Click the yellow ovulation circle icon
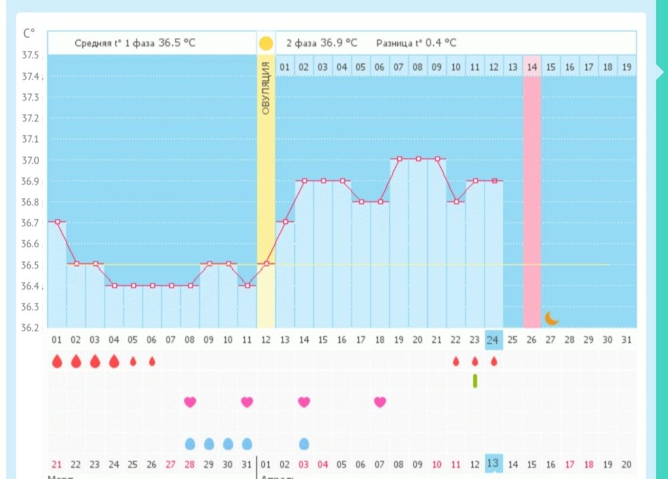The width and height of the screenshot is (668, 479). point(266,44)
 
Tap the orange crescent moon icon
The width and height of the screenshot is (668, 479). point(551,318)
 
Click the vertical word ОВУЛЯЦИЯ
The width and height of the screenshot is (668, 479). point(266,88)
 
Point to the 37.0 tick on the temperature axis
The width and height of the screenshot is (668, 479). point(31,160)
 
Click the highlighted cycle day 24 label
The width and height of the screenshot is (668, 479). point(494,340)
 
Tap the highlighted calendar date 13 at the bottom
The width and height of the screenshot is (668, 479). point(494,464)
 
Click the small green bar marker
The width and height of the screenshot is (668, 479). point(475,381)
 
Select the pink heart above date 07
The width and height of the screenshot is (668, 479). point(380,402)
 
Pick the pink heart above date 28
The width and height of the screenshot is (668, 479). point(190,402)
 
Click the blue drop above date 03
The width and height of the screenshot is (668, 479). point(304,444)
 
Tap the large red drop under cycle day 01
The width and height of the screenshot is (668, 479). point(57,361)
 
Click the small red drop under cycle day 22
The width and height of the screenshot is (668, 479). point(456,361)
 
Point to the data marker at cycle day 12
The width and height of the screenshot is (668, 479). point(266,264)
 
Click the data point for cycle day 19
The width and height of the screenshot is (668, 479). point(399,159)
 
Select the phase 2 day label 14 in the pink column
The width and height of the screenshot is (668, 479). point(532,67)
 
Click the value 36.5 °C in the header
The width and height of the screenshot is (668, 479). point(176,43)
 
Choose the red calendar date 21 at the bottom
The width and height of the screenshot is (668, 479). point(57,464)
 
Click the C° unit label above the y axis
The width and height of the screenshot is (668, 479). point(29,33)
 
